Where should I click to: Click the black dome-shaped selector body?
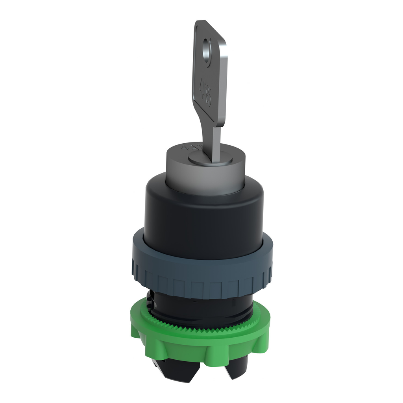pyautogui.click(x=201, y=220)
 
